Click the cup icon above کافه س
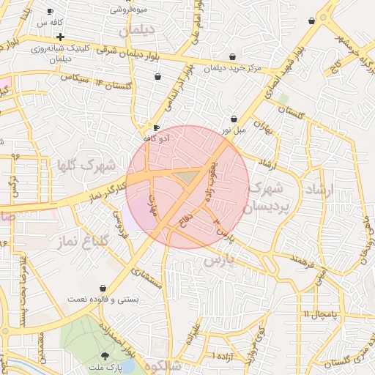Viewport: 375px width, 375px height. [x=50, y=12]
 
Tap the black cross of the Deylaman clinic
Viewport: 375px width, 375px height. [x=60, y=36]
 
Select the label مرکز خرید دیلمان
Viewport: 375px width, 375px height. [x=233, y=68]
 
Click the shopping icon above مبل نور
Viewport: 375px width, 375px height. [x=234, y=119]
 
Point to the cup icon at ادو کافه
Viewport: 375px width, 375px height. [x=156, y=127]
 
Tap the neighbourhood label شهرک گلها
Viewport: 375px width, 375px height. [x=86, y=166]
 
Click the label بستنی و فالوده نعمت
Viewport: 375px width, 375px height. [x=103, y=300]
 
